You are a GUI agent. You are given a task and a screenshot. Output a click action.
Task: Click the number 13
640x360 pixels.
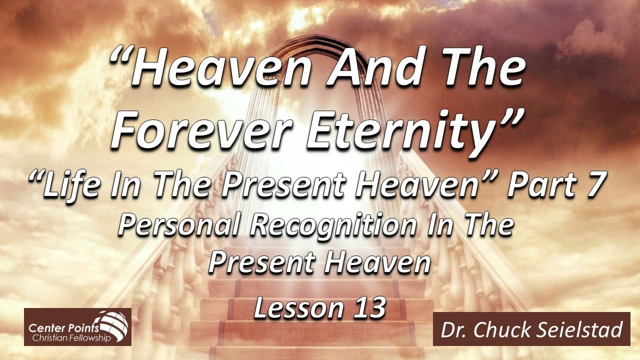(x=366, y=308)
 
